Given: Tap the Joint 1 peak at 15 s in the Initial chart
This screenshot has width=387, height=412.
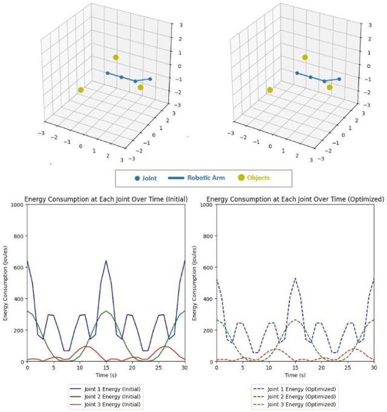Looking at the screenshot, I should tap(106, 261).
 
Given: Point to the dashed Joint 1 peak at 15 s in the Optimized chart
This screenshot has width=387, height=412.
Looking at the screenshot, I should tap(295, 279).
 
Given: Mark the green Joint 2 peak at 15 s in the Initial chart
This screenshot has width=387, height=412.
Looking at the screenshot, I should tap(106, 311).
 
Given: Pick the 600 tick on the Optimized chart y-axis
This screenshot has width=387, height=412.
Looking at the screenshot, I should tap(206, 267).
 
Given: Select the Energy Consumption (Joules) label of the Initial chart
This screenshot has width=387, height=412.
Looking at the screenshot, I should tap(5, 283).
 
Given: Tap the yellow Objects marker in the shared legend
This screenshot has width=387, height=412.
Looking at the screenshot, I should tap(242, 178).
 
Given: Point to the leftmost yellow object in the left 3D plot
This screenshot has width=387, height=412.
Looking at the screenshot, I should tap(80, 90).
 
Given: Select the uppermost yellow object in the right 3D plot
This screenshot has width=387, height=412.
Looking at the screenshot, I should tap(305, 57).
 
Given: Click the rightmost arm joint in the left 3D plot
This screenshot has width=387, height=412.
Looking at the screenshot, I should tap(150, 79).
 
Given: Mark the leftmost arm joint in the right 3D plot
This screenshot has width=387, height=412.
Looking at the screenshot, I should tap(296, 73).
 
